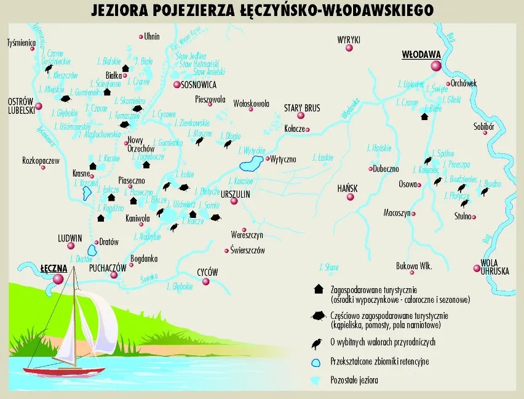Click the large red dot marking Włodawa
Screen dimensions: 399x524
pos(436,65)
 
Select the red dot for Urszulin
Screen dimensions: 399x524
pos(234,199)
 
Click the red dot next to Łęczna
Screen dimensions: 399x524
pos(59,279)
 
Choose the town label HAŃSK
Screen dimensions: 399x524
pos(349,188)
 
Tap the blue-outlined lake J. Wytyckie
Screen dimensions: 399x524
pos(250,164)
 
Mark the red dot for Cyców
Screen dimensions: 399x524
pos(206,282)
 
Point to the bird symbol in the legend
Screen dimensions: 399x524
pos(318,343)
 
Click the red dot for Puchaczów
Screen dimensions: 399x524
pos(113,275)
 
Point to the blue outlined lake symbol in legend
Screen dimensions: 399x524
pos(317,361)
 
